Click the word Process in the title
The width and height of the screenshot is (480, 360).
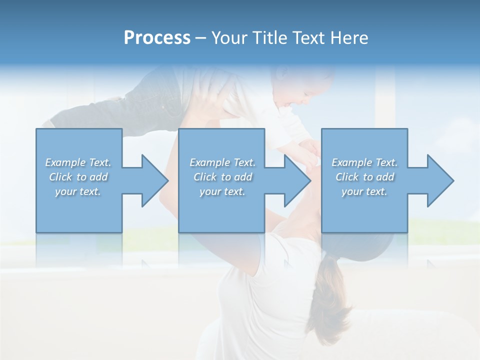pyautogui.click(x=157, y=38)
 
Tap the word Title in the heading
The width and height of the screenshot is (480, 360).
pyautogui.click(x=269, y=38)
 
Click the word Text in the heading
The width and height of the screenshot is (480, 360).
pyautogui.click(x=309, y=38)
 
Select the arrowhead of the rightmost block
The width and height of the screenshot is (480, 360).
pyautogui.click(x=438, y=180)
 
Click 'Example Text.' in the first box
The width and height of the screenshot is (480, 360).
pyautogui.click(x=78, y=162)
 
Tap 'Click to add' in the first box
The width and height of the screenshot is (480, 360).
pyautogui.click(x=78, y=177)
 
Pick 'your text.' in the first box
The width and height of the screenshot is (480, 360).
pyautogui.click(x=78, y=191)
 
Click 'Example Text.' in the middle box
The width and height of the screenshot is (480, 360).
pyautogui.click(x=222, y=162)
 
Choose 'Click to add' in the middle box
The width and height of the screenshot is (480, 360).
pyautogui.click(x=222, y=177)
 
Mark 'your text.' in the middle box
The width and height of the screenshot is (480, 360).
pyautogui.click(x=222, y=191)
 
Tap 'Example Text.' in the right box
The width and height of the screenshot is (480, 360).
pyautogui.click(x=364, y=162)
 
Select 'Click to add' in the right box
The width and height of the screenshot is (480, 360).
pyautogui.click(x=364, y=177)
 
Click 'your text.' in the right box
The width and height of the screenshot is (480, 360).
pyautogui.click(x=364, y=191)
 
